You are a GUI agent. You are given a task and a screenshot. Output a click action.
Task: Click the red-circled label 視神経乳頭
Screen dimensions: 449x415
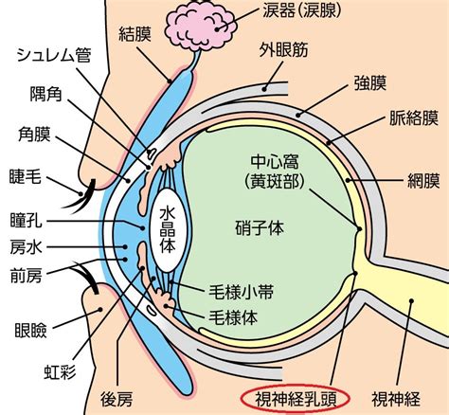(x=296, y=399)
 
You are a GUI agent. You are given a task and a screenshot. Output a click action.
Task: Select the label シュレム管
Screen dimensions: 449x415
(x=53, y=55)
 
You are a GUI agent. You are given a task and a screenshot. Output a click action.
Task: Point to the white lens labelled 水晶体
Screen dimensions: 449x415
(x=168, y=230)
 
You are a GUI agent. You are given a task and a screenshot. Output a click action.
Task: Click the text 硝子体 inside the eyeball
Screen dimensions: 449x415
(x=260, y=227)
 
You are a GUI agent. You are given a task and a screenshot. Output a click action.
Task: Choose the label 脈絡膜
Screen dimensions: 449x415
(x=414, y=117)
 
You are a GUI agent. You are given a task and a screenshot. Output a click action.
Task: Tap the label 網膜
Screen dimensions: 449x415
(x=423, y=181)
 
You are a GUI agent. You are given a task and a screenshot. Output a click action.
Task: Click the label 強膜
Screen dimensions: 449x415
(x=370, y=83)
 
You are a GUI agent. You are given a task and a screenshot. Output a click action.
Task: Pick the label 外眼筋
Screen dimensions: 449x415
(x=283, y=49)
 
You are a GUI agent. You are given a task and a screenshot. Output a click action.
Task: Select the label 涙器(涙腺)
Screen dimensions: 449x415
(x=302, y=10)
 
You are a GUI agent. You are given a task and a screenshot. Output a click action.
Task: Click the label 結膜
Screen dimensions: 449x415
(x=135, y=34)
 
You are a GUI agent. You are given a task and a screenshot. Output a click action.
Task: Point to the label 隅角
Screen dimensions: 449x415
(x=45, y=94)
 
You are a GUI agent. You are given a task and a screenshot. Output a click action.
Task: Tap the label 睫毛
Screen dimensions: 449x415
(x=26, y=175)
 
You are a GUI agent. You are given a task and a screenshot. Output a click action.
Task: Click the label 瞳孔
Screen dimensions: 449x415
(x=26, y=220)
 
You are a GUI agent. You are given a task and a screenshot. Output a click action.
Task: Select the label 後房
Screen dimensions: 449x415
(x=117, y=399)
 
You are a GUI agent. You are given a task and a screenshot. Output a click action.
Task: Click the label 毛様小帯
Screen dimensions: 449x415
(x=241, y=293)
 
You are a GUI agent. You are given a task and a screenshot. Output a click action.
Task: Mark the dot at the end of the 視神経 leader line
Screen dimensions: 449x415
(x=411, y=300)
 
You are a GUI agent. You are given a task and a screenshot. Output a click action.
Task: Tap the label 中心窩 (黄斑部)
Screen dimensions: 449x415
(x=275, y=171)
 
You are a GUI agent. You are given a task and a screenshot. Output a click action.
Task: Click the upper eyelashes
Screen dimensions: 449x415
(x=79, y=196)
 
